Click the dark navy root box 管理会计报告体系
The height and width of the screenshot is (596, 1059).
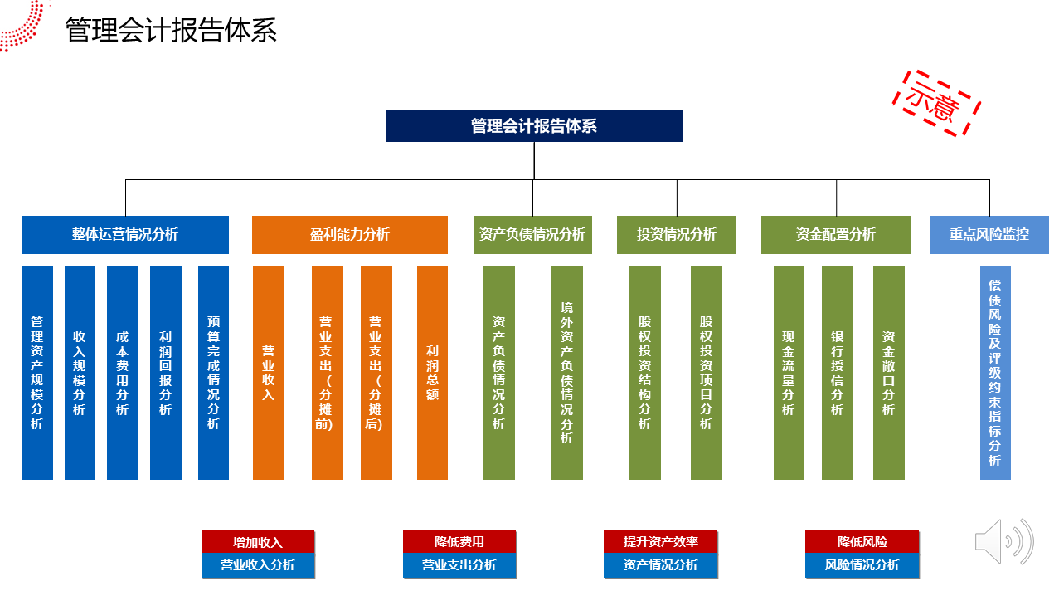click(534, 126)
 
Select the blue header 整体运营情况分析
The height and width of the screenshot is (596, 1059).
click(125, 235)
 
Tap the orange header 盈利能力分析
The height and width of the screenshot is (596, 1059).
click(350, 235)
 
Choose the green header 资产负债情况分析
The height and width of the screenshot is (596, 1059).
click(532, 235)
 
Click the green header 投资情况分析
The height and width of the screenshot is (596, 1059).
click(676, 235)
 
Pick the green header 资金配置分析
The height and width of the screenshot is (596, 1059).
click(836, 235)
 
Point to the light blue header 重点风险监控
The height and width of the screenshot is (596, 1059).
click(989, 235)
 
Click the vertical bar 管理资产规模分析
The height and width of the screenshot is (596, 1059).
click(37, 373)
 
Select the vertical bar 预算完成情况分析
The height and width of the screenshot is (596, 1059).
click(213, 373)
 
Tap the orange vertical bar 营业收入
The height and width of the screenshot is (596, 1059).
click(268, 373)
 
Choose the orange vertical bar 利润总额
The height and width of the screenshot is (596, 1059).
click(432, 373)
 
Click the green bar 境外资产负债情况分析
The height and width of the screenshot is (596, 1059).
click(567, 373)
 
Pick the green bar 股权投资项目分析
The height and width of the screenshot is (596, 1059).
click(707, 373)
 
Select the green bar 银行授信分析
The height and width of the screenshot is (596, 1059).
click(838, 373)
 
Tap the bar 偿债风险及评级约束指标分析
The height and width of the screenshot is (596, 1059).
click(995, 373)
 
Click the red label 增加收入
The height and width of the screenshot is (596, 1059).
click(258, 542)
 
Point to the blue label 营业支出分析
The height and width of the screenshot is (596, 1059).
click(459, 565)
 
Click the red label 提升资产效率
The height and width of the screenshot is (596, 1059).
click(660, 542)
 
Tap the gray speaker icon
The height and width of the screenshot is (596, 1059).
click(1004, 541)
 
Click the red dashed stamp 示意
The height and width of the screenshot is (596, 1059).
click(936, 103)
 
